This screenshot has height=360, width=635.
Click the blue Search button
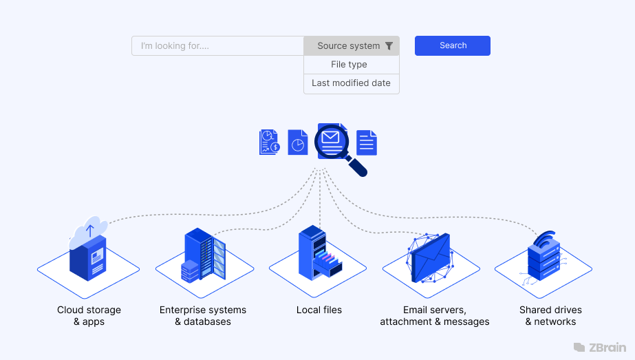point(452,45)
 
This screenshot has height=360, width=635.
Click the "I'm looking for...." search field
point(217,46)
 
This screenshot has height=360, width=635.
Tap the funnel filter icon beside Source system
point(389,46)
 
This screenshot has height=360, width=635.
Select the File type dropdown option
point(349,65)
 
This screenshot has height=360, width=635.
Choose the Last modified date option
point(351,83)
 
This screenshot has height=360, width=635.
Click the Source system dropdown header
point(348,46)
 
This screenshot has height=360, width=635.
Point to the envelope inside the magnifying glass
point(331,137)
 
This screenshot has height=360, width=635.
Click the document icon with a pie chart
point(297,142)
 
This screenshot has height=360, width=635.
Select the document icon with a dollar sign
point(269,142)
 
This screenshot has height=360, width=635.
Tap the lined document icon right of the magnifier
point(367,142)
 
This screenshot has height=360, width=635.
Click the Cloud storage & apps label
point(89,316)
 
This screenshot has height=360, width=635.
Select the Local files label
point(319,310)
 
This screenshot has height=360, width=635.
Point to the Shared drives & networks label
point(550,316)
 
